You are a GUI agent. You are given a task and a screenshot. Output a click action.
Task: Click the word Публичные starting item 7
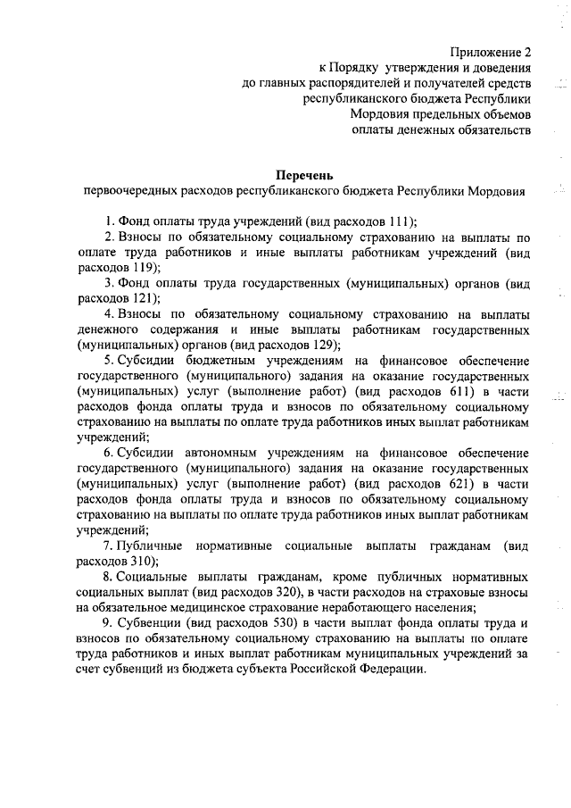[150, 545]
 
